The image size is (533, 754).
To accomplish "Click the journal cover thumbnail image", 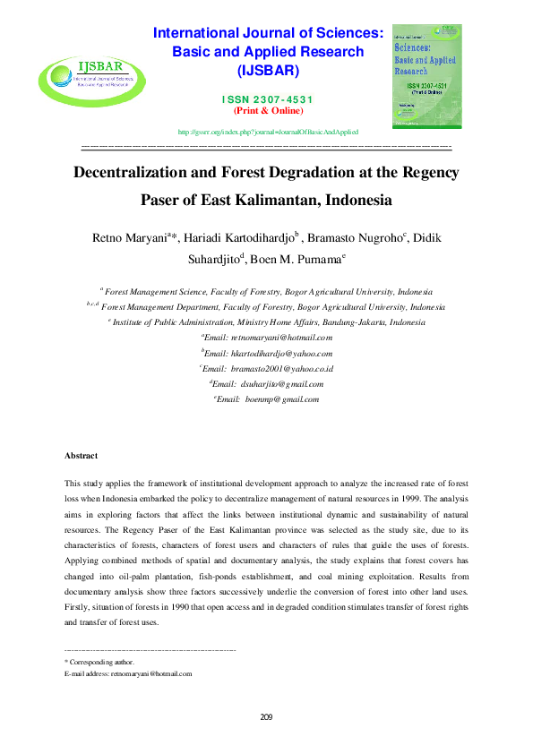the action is coord(426,75).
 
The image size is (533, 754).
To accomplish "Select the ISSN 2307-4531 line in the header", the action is coord(268,99).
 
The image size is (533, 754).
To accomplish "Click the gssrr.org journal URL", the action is coord(268,131).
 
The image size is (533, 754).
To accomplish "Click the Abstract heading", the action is coord(81,456).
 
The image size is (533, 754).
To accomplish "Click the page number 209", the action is coord(266,716).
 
